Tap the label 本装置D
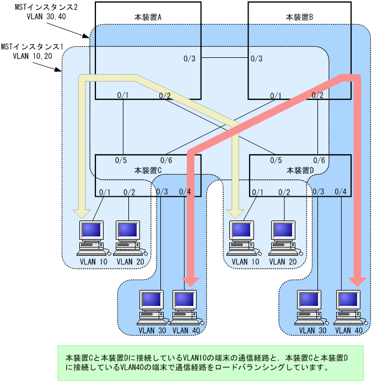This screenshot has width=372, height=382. coord(300,170)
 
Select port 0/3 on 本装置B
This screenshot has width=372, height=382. coord(256,58)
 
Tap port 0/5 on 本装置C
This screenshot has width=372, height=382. coord(121,160)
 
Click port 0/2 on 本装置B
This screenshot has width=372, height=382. coord(317,95)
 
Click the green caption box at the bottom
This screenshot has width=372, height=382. coord(211,363)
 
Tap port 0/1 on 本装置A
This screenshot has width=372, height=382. coord(122,95)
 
